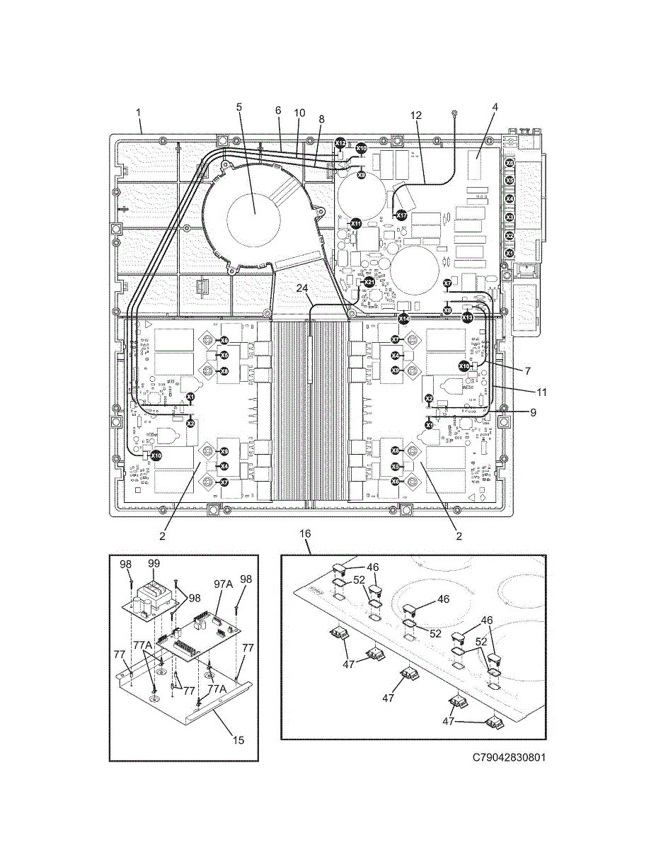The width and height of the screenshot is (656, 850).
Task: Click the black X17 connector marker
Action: pos(401,215)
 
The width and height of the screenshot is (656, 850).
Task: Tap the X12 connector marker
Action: pos(340,143)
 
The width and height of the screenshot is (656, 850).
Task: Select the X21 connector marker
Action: pos(369,282)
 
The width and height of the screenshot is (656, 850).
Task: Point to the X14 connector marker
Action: pos(403,319)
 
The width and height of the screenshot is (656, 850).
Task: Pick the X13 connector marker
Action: pos(468,317)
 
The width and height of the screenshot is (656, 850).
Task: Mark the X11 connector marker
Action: pos(356,223)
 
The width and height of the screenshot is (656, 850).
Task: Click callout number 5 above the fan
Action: pos(239,107)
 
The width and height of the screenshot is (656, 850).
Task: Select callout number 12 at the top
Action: pos(415,115)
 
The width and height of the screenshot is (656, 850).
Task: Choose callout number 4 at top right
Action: pos(495,107)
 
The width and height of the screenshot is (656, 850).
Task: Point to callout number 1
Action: pos(139,112)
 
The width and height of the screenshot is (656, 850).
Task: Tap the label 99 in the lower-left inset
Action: pos(154,563)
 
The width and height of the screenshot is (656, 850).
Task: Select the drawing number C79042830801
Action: pos(510,757)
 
